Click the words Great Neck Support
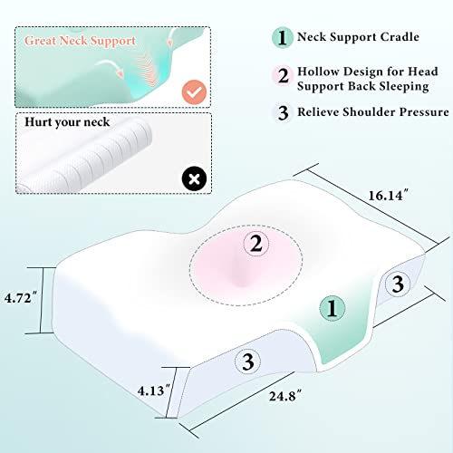[x=81, y=41]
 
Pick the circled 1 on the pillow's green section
[x=332, y=308]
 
